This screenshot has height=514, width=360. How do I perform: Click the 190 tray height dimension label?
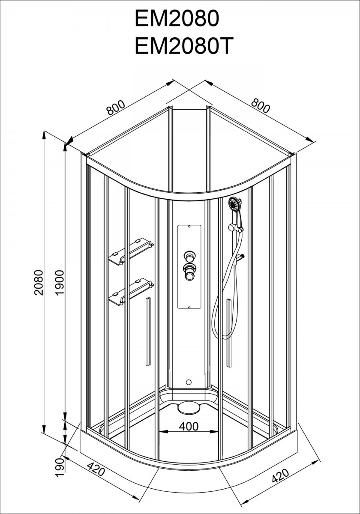[60, 465]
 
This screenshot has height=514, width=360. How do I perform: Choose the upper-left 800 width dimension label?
[116, 108]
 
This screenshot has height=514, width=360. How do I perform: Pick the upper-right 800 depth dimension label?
[260, 105]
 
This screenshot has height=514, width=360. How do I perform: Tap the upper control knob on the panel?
[189, 256]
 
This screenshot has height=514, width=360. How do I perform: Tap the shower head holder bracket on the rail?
[235, 227]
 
